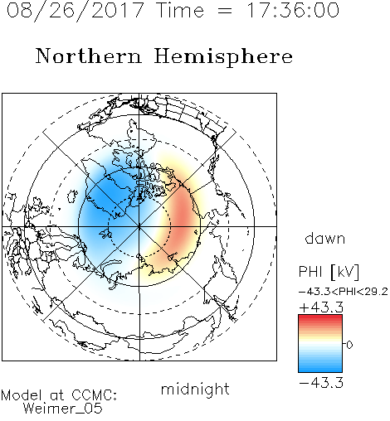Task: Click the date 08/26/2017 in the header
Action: (x=76, y=11)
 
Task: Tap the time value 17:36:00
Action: (x=293, y=10)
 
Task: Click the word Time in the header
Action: (x=180, y=10)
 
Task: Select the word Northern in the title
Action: (x=89, y=56)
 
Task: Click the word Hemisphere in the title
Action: (x=223, y=57)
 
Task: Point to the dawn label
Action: (x=325, y=238)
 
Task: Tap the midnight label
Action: (x=195, y=389)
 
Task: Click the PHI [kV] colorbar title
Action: (x=329, y=272)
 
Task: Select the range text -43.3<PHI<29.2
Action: (x=344, y=292)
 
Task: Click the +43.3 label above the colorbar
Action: (x=321, y=307)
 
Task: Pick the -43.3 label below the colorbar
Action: (x=321, y=383)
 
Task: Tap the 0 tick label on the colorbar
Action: (x=349, y=345)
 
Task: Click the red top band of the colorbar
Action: (x=320, y=318)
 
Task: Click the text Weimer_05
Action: (x=63, y=408)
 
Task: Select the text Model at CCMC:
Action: (x=59, y=395)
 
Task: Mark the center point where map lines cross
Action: (x=139, y=226)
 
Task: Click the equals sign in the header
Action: (x=225, y=12)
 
